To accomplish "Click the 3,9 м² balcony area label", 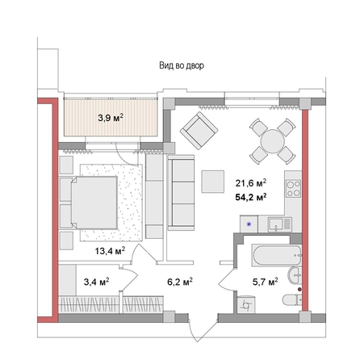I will click(111, 118).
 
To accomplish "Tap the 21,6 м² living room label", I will click(251, 182).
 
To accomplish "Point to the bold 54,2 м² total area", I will click(251, 196).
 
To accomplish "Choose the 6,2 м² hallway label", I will click(178, 282).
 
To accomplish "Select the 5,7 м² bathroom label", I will click(265, 282).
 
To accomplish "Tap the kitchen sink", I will click(279, 224).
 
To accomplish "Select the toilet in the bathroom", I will click(289, 300).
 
